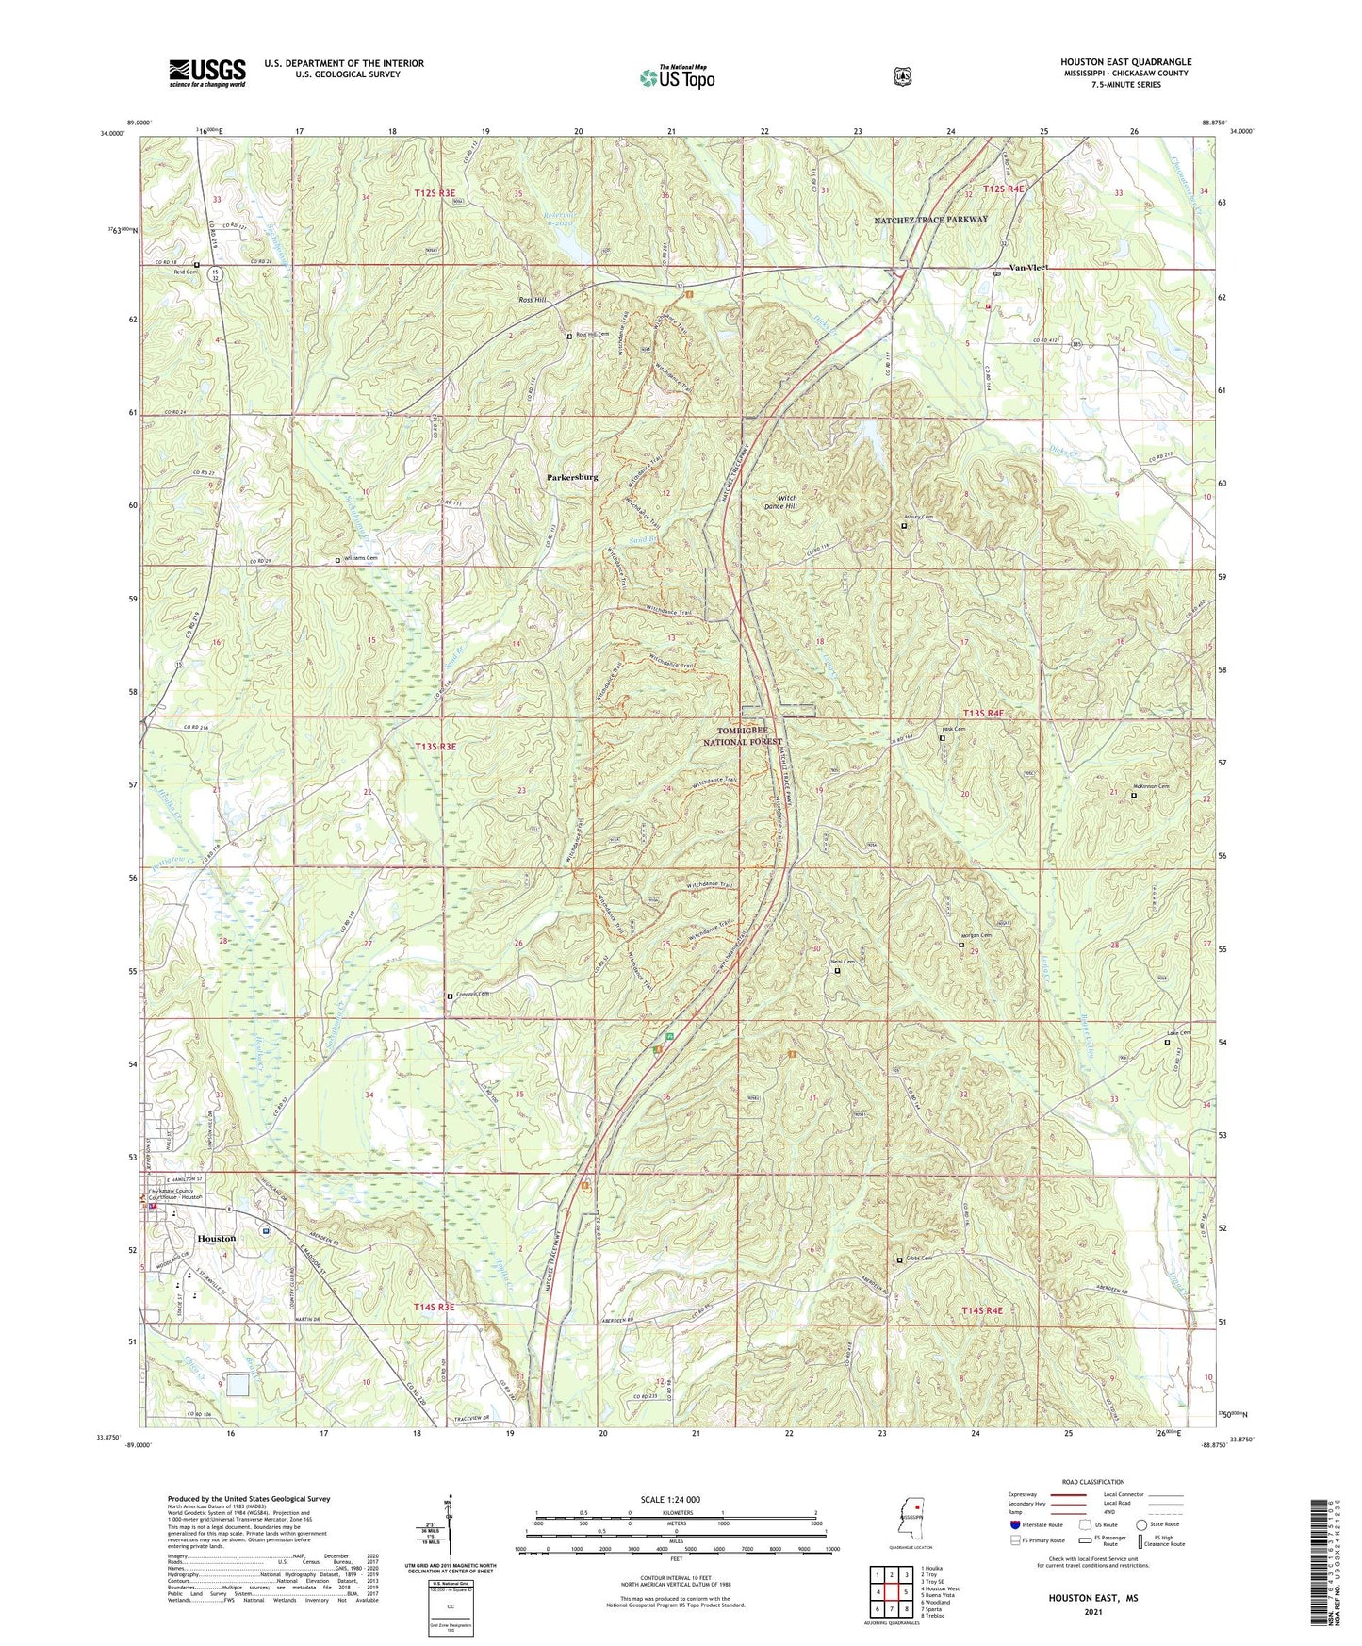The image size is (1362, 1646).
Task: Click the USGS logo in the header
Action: [x=207, y=72]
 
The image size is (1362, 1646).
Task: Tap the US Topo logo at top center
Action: [x=677, y=77]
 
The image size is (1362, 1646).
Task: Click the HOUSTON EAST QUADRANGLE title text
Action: [x=1125, y=62]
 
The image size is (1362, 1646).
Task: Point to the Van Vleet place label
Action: [x=1028, y=268]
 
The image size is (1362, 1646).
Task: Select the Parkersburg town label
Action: [x=572, y=478]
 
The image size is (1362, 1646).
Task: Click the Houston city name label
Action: [x=216, y=1238]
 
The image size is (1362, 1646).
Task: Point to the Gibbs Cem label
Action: [x=919, y=1259]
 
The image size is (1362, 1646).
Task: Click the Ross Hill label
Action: [x=532, y=299]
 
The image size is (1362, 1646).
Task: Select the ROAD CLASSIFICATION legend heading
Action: [x=1093, y=1483]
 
